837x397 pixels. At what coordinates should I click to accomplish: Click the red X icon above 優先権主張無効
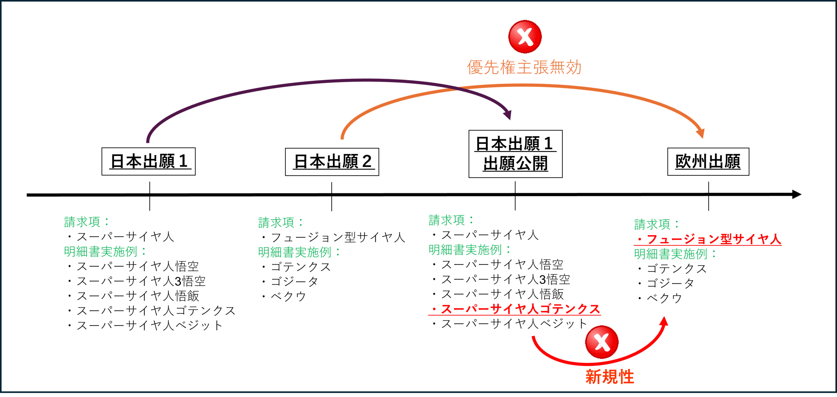525,37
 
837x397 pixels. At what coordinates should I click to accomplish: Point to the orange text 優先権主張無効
524,67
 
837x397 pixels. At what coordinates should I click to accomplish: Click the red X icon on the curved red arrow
602,342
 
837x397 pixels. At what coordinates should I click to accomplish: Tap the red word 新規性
610,377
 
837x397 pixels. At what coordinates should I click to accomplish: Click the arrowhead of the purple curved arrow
507,114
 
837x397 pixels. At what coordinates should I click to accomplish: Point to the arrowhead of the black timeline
796,194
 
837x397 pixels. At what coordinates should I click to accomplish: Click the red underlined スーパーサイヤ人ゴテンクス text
515,309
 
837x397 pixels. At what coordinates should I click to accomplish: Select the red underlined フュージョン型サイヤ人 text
708,239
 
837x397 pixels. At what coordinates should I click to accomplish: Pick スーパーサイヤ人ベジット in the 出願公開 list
509,324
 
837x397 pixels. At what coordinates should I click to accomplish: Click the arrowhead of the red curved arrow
664,321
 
